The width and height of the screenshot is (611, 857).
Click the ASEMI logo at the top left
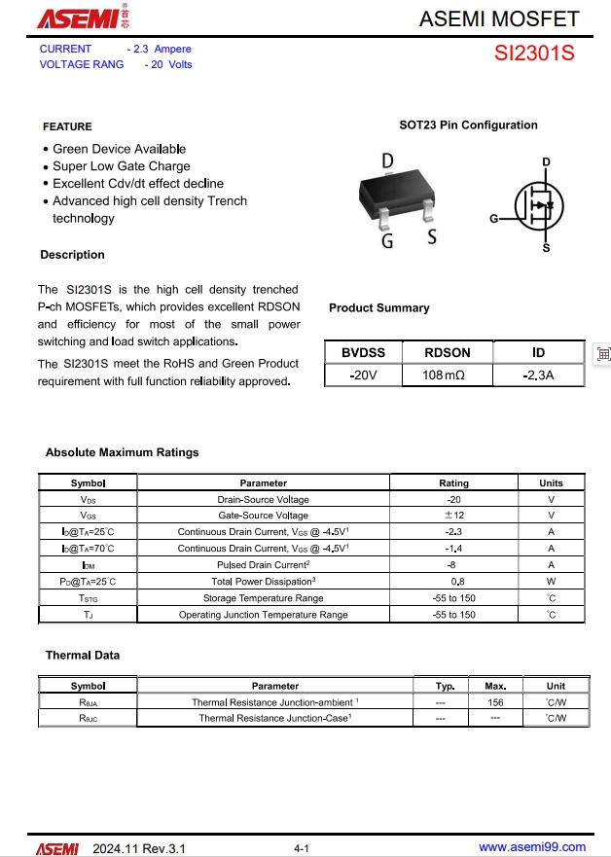tap(78, 18)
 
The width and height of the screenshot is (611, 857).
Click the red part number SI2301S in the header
tap(534, 54)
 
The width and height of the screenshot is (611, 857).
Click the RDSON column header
tap(448, 353)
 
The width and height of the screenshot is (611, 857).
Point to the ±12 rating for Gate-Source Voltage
tap(453, 516)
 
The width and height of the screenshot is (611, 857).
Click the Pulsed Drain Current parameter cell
tap(263, 565)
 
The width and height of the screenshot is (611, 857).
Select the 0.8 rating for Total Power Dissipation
tap(453, 582)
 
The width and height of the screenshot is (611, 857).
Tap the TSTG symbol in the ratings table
tap(88, 598)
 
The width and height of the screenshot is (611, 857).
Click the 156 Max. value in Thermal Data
tap(495, 702)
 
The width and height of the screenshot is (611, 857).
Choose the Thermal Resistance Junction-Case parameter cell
tap(275, 719)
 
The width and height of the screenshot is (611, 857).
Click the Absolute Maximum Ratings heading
tap(122, 452)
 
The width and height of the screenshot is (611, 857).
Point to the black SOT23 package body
tap(407, 190)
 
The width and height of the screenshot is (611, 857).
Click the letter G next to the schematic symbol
tap(493, 219)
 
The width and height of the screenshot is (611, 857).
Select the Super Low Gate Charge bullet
tap(122, 166)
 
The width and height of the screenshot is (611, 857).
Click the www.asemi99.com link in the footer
tap(532, 846)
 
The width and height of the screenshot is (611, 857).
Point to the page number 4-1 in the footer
tap(302, 849)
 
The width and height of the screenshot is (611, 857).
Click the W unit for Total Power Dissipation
tap(551, 582)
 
